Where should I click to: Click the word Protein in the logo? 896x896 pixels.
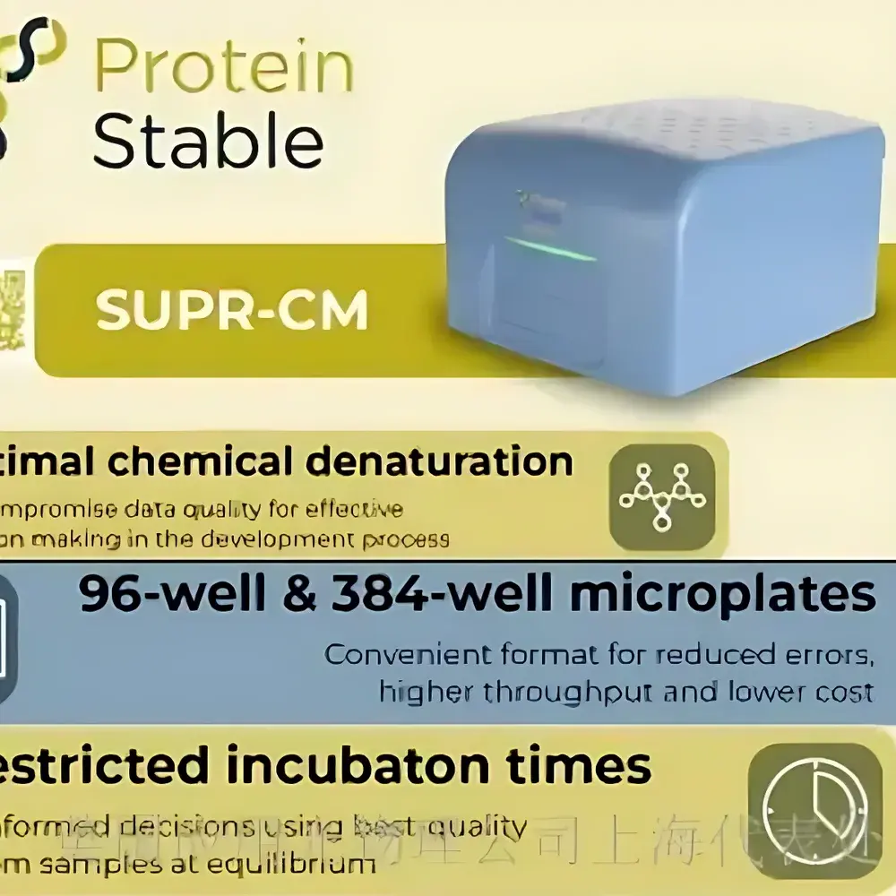click(x=223, y=68)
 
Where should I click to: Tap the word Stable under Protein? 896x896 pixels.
click(x=208, y=141)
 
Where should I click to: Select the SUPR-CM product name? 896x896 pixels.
click(x=232, y=311)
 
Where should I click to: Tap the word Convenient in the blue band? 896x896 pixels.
click(x=400, y=655)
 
